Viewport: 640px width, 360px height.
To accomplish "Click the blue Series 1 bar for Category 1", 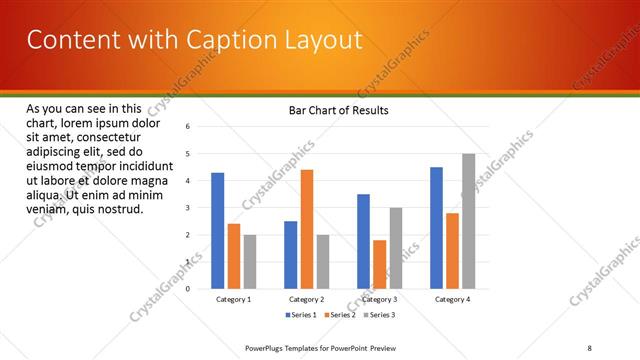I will tap(217, 231).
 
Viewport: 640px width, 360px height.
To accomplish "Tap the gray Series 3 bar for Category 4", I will tap(468, 221).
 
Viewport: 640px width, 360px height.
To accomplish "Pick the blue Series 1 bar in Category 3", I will tap(363, 241).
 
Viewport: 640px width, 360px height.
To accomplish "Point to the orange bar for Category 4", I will tap(452, 251).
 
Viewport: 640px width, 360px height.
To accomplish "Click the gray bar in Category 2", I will tap(322, 262).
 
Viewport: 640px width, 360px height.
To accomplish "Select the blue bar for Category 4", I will tap(436, 228).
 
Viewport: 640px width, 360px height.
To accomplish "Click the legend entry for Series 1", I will tap(301, 315).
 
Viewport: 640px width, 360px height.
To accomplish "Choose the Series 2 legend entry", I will tap(338, 315).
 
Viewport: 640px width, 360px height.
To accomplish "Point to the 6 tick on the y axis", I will tap(188, 127).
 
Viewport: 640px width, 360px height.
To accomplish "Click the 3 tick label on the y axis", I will tap(188, 208).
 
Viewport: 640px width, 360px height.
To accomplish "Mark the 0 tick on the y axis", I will tap(188, 289).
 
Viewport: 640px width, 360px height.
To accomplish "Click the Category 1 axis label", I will tap(233, 299).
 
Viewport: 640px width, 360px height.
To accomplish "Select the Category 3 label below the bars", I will tap(379, 299).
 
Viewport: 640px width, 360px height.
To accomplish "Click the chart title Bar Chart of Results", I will tap(338, 110).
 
